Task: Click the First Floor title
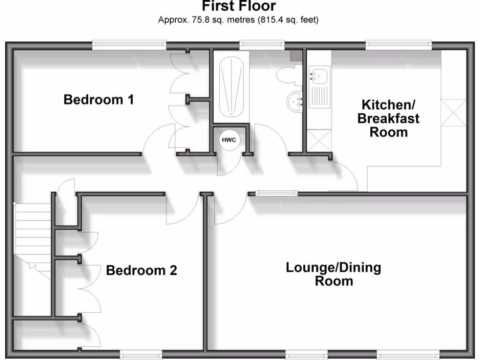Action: pyautogui.click(x=240, y=7)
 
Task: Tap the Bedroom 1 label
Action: pyautogui.click(x=99, y=100)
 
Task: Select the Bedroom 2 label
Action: pyautogui.click(x=142, y=270)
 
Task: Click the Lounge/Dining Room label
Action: pyautogui.click(x=333, y=275)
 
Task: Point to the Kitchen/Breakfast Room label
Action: pyautogui.click(x=389, y=118)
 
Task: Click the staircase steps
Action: pyautogui.click(x=33, y=230)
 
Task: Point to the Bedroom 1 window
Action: pyautogui.click(x=129, y=45)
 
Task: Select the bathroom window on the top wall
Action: pyautogui.click(x=262, y=45)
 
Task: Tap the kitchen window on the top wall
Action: pyautogui.click(x=398, y=45)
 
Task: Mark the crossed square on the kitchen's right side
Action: pyautogui.click(x=454, y=113)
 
